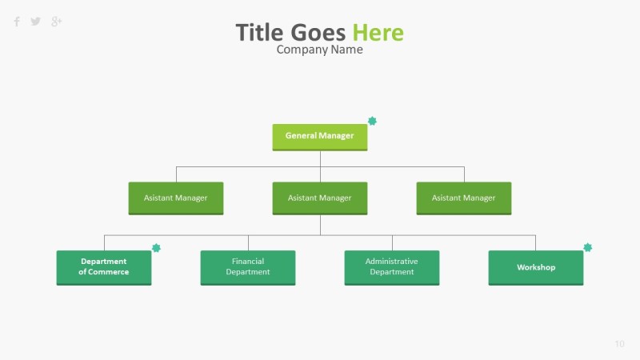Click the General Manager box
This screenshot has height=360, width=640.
pyautogui.click(x=319, y=137)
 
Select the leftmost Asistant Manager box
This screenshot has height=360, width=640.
pyautogui.click(x=175, y=198)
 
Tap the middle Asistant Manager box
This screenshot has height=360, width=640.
pyautogui.click(x=319, y=198)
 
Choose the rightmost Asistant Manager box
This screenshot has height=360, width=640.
pyautogui.click(x=463, y=198)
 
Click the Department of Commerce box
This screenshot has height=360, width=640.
pyautogui.click(x=103, y=267)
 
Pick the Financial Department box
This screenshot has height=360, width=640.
pyautogui.click(x=247, y=267)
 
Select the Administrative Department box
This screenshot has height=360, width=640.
pyautogui.click(x=391, y=267)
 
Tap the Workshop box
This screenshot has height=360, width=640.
pyautogui.click(x=535, y=267)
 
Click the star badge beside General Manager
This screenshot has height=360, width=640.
pyautogui.click(x=372, y=121)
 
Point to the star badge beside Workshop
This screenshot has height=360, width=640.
pyautogui.click(x=588, y=248)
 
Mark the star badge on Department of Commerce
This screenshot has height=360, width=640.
pyautogui.click(x=156, y=248)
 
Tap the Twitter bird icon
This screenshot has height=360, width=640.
pyautogui.click(x=36, y=22)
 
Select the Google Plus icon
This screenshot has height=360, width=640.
pyautogui.click(x=56, y=22)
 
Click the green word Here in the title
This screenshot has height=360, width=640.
pyautogui.click(x=378, y=33)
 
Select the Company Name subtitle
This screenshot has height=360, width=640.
pyautogui.click(x=319, y=50)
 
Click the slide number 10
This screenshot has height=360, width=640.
pyautogui.click(x=619, y=344)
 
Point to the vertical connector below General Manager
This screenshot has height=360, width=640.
pyautogui.click(x=320, y=158)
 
